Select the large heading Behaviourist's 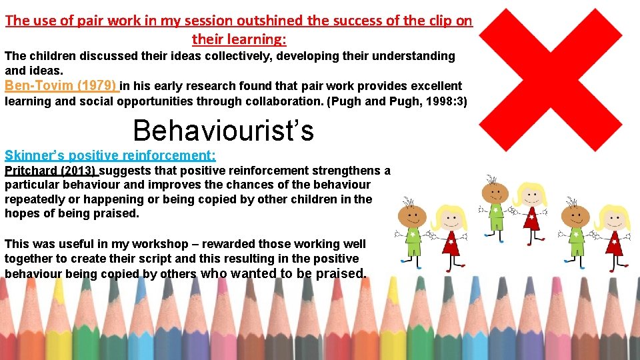[223, 131]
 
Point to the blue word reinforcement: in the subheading [169, 156]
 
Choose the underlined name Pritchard [31, 171]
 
